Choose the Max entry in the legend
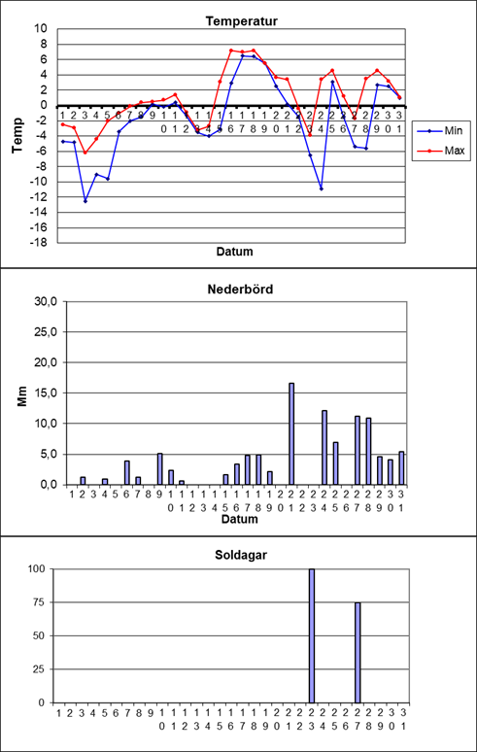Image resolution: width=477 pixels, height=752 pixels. click(x=440, y=151)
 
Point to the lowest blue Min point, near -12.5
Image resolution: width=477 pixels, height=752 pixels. click(x=85, y=201)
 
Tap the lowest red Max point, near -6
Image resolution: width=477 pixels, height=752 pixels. click(x=85, y=153)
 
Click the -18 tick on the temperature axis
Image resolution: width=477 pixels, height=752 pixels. click(x=41, y=243)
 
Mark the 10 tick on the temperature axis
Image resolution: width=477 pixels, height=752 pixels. click(x=43, y=29)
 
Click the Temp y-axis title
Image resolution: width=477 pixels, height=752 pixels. click(x=18, y=135)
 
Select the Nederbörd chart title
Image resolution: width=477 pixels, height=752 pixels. click(x=241, y=290)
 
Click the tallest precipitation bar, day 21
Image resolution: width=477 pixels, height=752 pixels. click(x=291, y=433)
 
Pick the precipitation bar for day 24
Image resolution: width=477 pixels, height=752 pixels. click(x=324, y=448)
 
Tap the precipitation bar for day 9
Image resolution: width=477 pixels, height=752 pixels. click(x=160, y=468)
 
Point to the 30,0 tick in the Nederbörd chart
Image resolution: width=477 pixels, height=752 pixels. click(x=47, y=301)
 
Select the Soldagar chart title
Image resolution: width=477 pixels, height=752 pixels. click(x=242, y=556)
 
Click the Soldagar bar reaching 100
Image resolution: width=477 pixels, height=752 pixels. click(x=312, y=636)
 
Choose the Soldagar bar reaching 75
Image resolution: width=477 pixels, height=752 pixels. click(x=358, y=653)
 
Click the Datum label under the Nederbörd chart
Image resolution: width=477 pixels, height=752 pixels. click(x=241, y=520)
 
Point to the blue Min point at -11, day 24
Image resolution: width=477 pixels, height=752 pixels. click(x=322, y=188)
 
